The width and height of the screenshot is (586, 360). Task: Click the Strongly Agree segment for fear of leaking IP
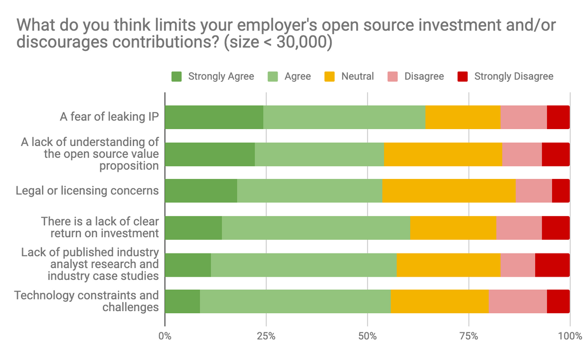pos(214,117)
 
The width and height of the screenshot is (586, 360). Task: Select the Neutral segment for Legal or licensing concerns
pos(449,191)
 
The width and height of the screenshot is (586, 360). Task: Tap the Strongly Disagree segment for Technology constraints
pos(558,301)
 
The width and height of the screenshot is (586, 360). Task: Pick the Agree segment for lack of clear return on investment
pos(316,228)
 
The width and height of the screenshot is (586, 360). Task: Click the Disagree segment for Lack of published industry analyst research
pos(518,265)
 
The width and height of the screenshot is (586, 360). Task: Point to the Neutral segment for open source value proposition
pos(443,154)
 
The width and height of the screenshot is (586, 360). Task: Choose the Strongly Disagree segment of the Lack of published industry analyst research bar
pos(552,265)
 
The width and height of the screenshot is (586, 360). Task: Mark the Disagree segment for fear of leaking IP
pos(523,117)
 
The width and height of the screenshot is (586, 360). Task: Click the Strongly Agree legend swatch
pos(177,77)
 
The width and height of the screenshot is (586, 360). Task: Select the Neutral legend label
pos(357,77)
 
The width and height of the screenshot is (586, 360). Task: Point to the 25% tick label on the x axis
pos(266,337)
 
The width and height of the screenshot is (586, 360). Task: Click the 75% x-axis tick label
pos(469,337)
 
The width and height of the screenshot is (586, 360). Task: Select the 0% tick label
pos(165,337)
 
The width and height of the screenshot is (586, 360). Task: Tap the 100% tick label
pos(569,337)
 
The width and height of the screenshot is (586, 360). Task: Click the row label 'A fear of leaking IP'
pos(109,117)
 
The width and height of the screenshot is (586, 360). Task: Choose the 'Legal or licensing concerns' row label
pos(87,191)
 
